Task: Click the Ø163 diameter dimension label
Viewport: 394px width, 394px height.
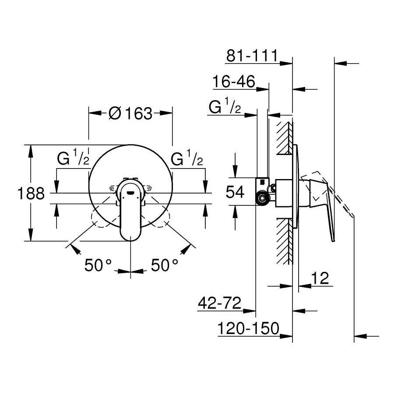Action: (130, 114)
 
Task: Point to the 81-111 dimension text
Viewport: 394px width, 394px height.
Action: (252, 56)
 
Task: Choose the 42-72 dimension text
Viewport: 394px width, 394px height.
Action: (220, 303)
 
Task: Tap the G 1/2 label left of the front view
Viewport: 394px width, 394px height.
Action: (73, 159)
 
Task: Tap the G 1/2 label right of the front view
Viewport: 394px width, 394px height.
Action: (187, 159)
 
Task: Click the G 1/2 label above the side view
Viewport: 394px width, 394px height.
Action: (225, 107)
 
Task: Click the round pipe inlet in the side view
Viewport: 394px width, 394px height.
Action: (262, 198)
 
